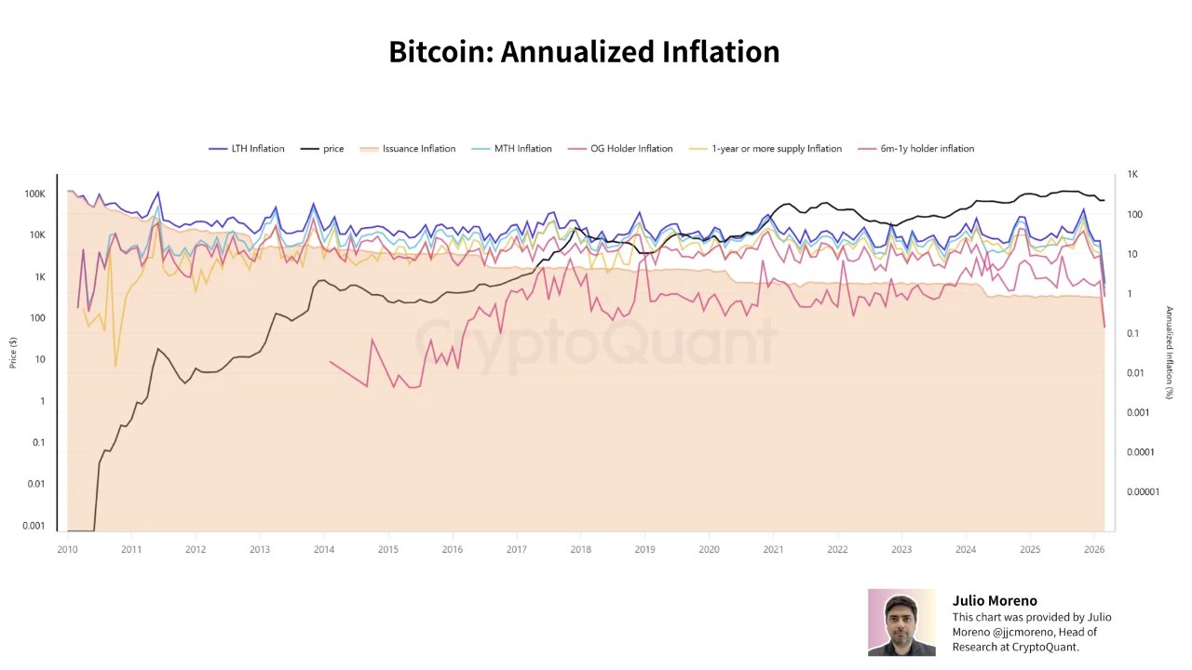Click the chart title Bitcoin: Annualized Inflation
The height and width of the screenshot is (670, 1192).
point(584,52)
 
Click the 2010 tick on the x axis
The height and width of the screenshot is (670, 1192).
point(67,550)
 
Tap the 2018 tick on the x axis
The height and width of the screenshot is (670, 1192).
point(580,550)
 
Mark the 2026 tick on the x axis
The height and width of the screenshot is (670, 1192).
point(1094,550)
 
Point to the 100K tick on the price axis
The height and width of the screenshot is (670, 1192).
point(34,194)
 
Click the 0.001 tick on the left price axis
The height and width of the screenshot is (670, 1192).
point(34,526)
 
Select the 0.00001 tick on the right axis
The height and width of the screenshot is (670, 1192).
point(1143,492)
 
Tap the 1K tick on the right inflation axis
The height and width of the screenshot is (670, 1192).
point(1132,175)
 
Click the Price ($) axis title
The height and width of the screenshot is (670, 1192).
point(13,353)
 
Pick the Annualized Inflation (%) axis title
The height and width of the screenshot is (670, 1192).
point(1170,353)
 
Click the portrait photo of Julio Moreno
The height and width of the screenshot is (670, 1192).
point(901,623)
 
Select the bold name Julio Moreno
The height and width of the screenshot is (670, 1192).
point(994,601)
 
